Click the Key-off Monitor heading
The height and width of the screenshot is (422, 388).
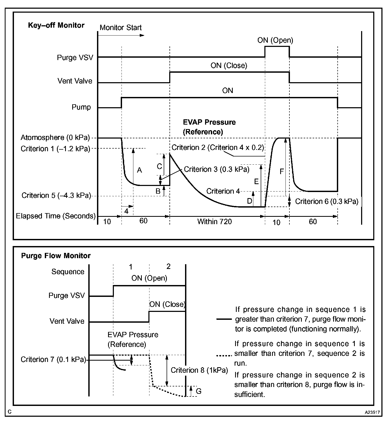[56, 25]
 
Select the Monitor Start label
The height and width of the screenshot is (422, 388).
[120, 28]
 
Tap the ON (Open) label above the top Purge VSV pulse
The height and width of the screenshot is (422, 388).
[275, 40]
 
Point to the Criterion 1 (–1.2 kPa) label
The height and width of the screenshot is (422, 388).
[55, 149]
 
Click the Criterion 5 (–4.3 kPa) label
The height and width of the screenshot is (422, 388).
[56, 195]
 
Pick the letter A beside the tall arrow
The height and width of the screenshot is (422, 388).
[139, 170]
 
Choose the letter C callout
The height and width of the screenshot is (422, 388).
[159, 166]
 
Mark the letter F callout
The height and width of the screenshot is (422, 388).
[282, 172]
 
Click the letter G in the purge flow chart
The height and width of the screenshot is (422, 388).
[198, 391]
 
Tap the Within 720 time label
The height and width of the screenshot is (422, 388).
[215, 222]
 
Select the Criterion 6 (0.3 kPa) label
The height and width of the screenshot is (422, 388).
[327, 202]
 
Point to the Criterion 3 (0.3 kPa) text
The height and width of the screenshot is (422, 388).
[216, 169]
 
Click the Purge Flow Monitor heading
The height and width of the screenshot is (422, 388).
[56, 256]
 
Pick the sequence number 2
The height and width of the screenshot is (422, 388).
[168, 267]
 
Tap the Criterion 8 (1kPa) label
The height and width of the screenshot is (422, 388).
[199, 370]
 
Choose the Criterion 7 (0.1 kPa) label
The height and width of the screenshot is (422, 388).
[54, 360]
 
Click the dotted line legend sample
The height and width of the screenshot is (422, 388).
[224, 356]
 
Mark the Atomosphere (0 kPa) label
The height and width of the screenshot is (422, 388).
[55, 138]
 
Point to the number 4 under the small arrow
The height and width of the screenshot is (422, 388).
[126, 211]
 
